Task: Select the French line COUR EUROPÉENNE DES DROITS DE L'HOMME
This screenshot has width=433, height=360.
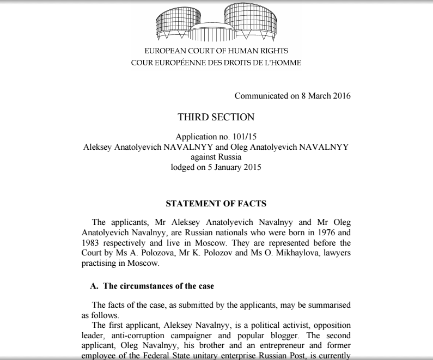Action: [216, 62]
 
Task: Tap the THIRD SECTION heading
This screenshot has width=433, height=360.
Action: [216, 117]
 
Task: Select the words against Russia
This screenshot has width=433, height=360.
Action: [216, 157]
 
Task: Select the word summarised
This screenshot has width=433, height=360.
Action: [328, 305]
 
